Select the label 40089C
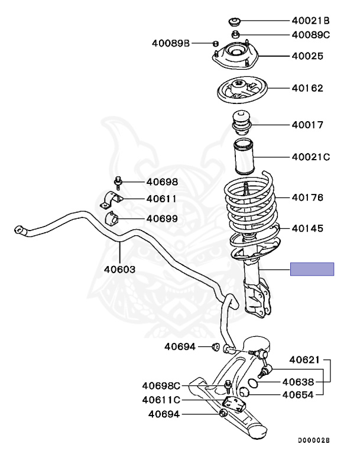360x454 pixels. click(310, 34)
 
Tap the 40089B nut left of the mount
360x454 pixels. click(216, 43)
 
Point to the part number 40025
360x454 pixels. click(307, 57)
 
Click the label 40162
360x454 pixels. click(307, 89)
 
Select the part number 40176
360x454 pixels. click(307, 197)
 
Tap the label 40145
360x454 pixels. click(307, 228)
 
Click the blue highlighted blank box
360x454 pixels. click(312, 270)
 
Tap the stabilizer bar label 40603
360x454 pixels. click(119, 270)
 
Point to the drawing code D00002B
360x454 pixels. click(313, 440)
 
